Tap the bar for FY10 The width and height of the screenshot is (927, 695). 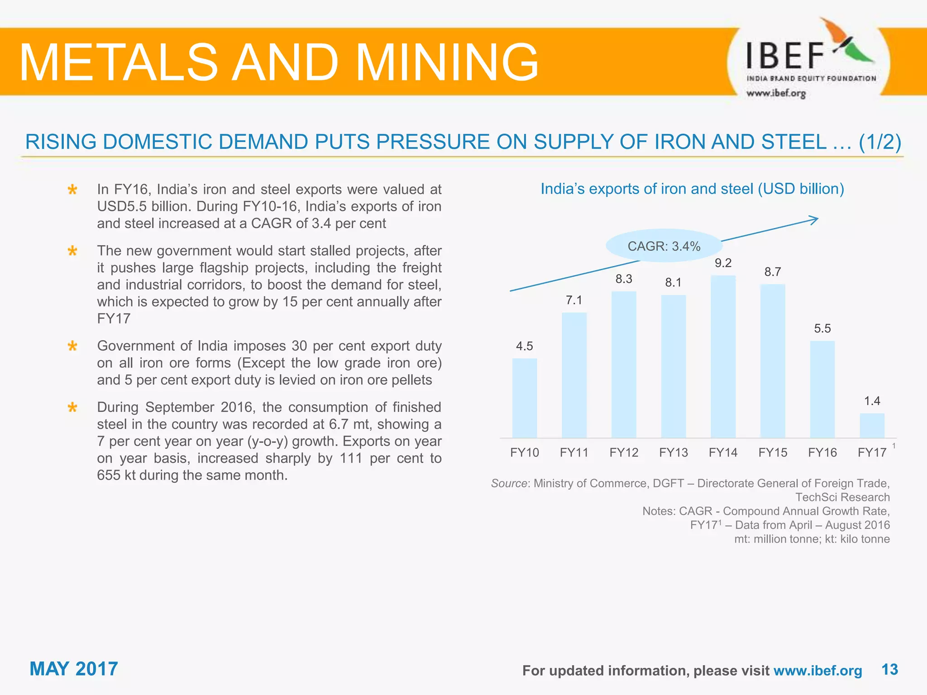click(524, 398)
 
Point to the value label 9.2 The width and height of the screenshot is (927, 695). click(723, 263)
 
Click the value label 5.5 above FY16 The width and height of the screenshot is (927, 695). click(822, 328)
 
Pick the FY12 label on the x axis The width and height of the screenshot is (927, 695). click(623, 452)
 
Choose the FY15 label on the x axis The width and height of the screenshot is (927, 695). click(773, 452)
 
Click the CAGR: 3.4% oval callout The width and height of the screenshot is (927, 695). click(664, 246)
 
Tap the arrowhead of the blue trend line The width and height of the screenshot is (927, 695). click(814, 220)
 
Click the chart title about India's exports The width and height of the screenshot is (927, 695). click(692, 189)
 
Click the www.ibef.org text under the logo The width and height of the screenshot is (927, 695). click(776, 94)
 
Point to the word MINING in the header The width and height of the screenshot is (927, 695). click(447, 62)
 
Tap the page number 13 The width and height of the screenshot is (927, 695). click(889, 669)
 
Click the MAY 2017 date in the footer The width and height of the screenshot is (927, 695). click(74, 669)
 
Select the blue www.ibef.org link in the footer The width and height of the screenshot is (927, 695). click(817, 671)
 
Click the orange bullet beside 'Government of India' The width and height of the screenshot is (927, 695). click(72, 347)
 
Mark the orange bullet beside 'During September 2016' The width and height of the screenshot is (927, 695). click(72, 408)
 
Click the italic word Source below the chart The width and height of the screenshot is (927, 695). click(509, 483)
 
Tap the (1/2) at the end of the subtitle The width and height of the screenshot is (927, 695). click(879, 142)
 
